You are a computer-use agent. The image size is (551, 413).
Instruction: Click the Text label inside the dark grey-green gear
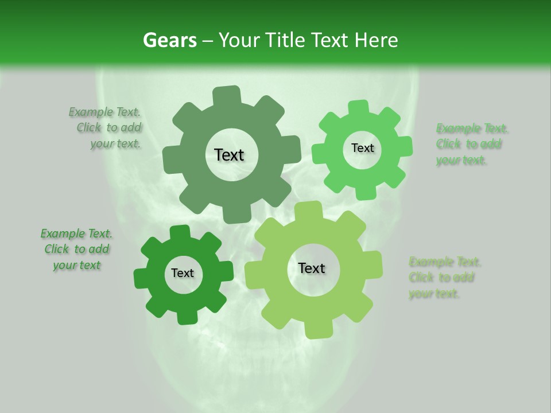[x=230, y=155]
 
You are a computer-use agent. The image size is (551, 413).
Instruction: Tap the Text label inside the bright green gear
[x=362, y=148]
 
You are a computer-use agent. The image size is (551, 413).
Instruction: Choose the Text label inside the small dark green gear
[x=183, y=274]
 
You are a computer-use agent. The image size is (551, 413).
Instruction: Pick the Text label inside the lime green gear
[x=312, y=268]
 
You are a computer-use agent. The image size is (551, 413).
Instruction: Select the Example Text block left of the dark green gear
[x=77, y=250]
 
